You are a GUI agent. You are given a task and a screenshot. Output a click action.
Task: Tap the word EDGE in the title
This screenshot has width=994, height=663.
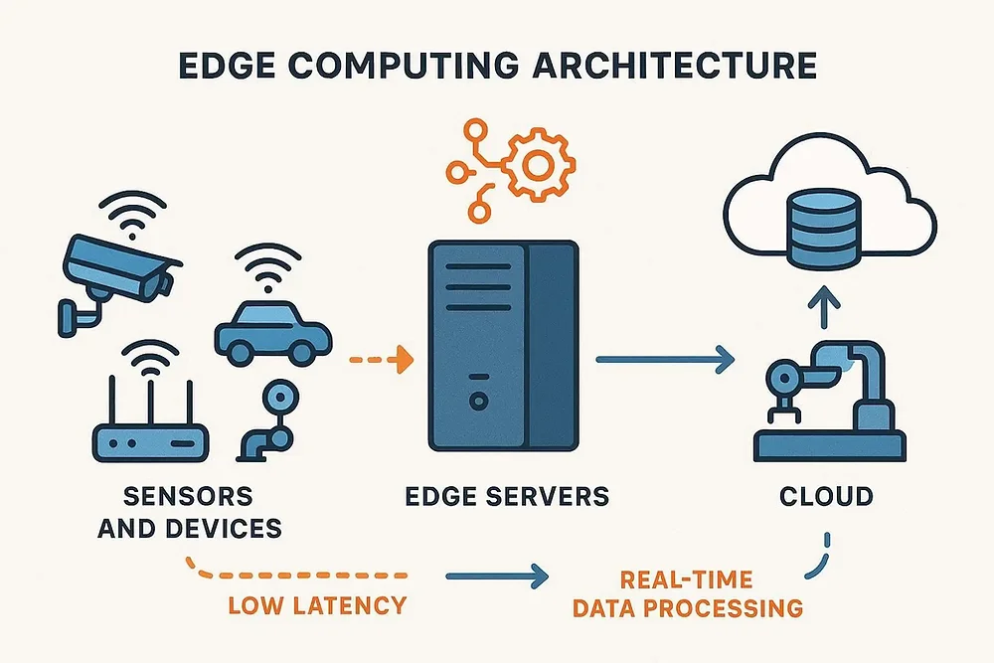tap(227, 66)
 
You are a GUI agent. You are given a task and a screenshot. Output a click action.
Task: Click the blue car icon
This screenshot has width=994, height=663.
tap(273, 333)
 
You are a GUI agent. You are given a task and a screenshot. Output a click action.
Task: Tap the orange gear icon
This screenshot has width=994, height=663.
tap(538, 164)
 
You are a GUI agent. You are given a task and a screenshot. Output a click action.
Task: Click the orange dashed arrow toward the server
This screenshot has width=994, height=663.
tap(381, 360)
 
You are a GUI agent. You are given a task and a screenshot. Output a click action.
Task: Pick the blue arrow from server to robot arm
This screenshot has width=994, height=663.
tap(665, 360)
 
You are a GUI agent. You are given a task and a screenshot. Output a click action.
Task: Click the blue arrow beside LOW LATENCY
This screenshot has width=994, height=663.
tap(497, 577)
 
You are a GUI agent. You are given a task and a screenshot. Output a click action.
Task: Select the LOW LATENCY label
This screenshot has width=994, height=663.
tap(317, 605)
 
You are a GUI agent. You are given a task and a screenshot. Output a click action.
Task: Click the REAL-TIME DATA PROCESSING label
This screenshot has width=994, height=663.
tap(688, 593)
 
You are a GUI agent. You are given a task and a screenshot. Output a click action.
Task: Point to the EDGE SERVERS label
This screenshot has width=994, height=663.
tap(507, 496)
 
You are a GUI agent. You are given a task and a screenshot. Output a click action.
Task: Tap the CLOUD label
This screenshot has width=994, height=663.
tap(826, 496)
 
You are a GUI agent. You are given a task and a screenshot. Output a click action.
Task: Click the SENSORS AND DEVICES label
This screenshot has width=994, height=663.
tap(190, 512)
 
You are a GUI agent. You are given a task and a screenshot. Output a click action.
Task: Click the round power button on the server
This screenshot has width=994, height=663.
tap(479, 401)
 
